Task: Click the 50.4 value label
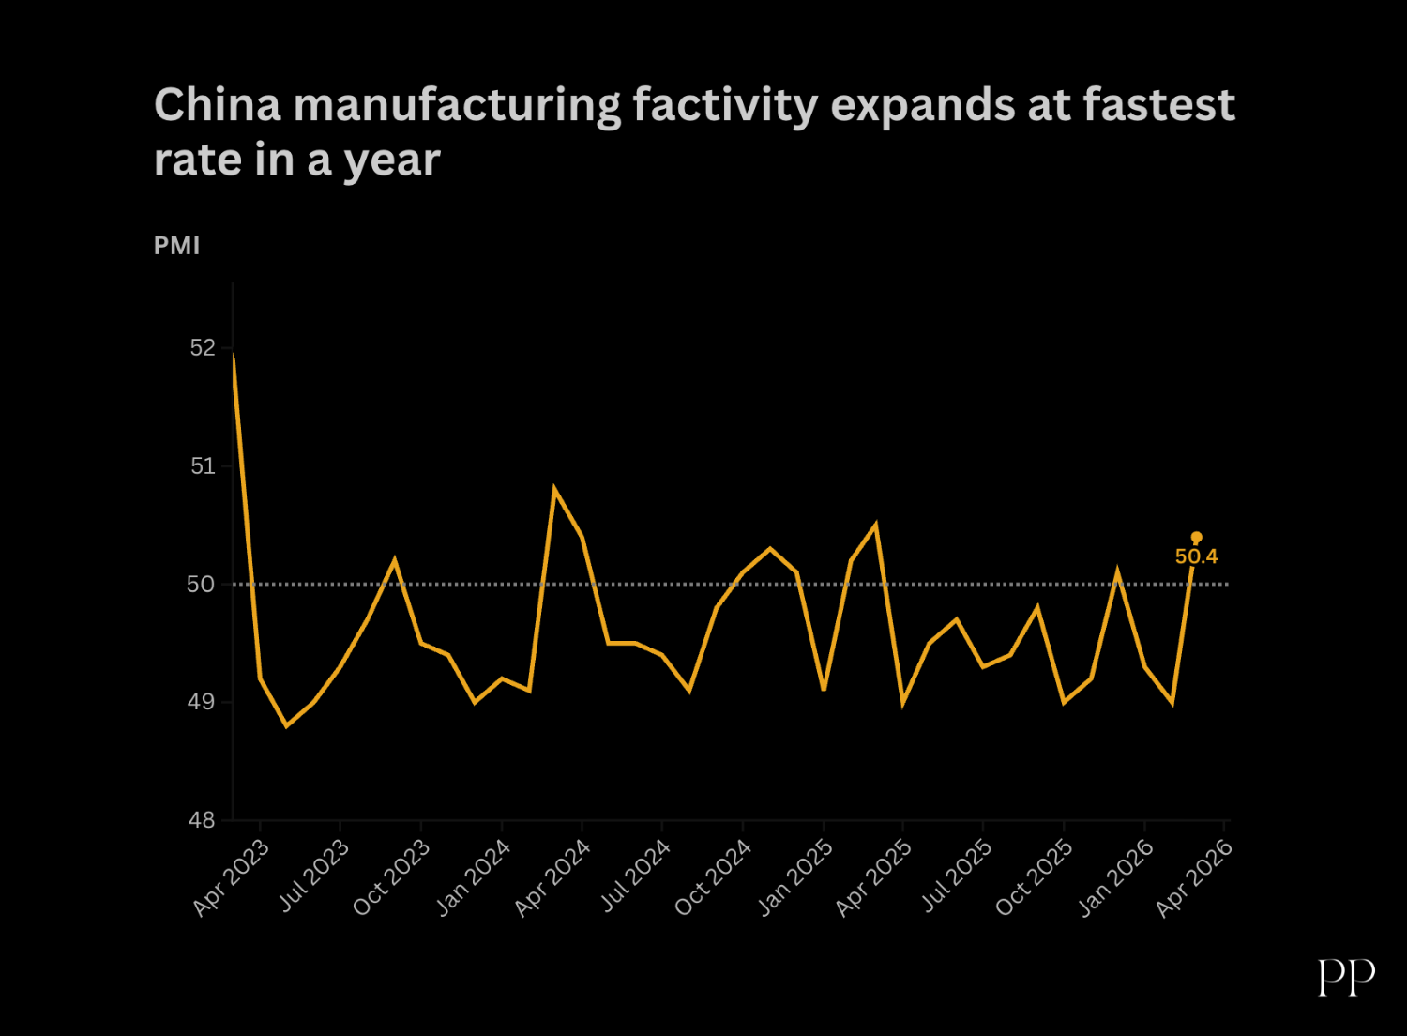click(1196, 556)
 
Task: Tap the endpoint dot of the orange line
click(1196, 538)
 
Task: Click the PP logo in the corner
click(1346, 978)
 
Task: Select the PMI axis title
click(176, 246)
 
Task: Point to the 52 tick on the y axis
click(203, 348)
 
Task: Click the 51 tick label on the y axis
click(203, 466)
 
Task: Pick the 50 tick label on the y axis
click(201, 585)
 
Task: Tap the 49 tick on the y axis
click(201, 702)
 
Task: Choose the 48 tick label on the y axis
click(201, 820)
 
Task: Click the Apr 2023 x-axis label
click(231, 877)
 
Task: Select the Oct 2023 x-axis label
click(391, 877)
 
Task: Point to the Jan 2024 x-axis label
click(473, 877)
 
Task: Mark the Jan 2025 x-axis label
click(794, 877)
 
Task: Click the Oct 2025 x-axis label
click(1034, 877)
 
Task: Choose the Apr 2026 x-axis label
click(1193, 877)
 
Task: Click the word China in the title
click(218, 104)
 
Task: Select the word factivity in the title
click(725, 104)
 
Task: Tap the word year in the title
click(392, 160)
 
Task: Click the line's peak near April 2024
click(555, 489)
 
